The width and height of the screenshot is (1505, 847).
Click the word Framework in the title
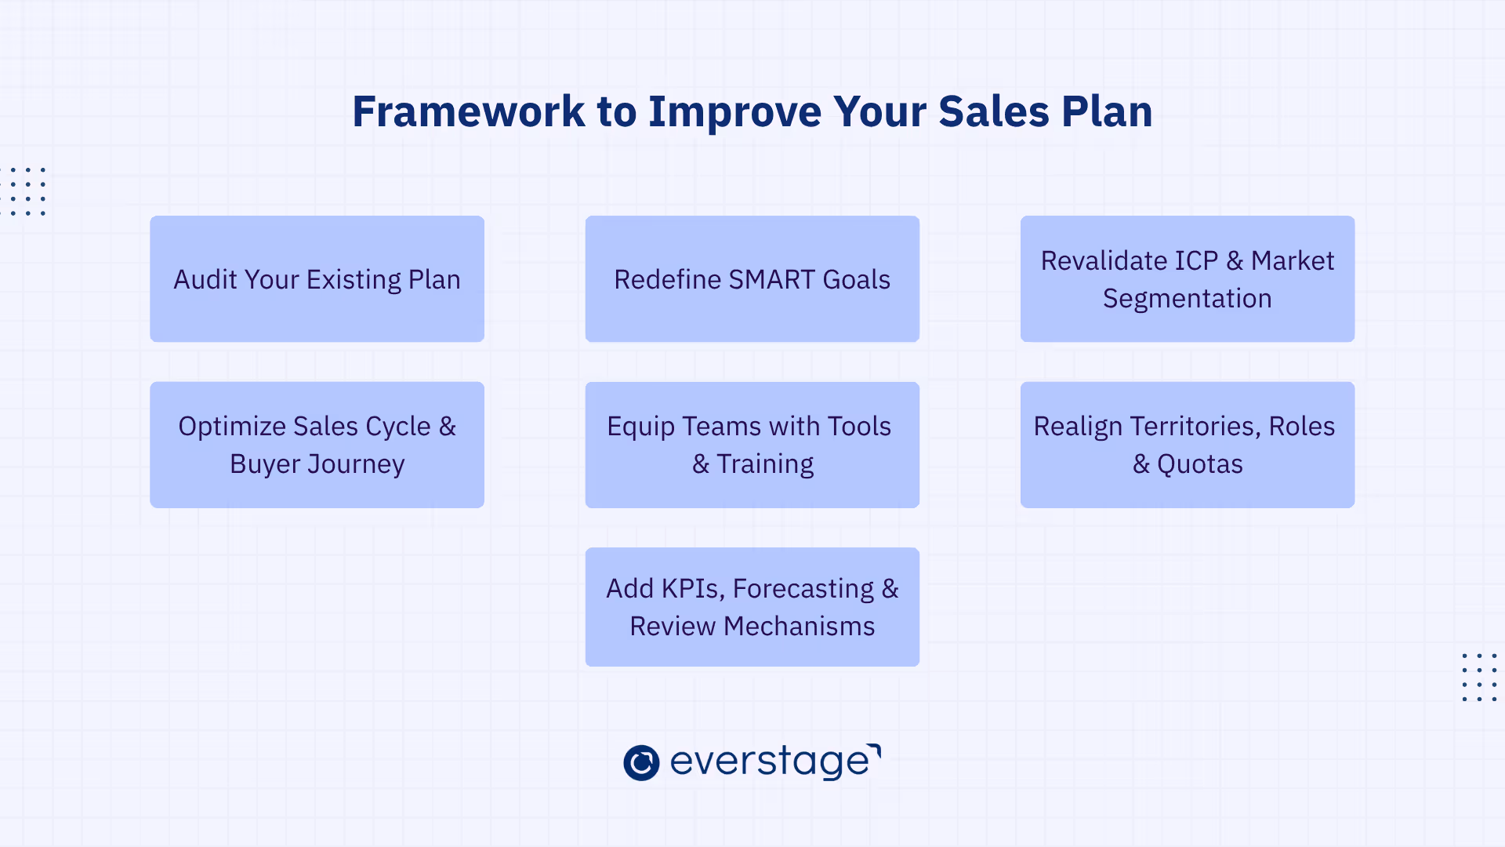(468, 111)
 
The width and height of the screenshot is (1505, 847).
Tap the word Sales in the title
(993, 111)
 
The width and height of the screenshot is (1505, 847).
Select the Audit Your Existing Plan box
(317, 278)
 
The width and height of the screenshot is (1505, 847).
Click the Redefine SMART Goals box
(752, 278)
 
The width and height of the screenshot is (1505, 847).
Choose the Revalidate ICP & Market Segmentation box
(1187, 278)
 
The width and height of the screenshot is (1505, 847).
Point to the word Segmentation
(1187, 299)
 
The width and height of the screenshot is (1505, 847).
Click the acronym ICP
(1196, 260)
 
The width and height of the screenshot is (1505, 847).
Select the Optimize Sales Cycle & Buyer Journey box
(317, 445)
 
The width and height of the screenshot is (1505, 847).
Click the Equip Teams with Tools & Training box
(752, 445)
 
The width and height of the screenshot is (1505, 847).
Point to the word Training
(765, 464)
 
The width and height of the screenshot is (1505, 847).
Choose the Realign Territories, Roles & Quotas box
(1187, 445)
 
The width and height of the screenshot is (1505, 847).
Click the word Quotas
(1199, 464)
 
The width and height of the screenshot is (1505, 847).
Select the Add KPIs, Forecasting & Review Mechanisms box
(752, 607)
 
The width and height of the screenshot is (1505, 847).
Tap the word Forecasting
(803, 589)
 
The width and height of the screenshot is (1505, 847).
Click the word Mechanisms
(799, 627)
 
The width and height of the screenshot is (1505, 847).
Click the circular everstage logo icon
(641, 762)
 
